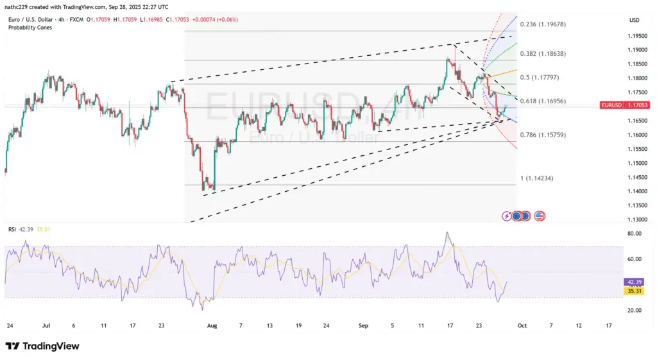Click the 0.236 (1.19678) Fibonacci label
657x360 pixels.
click(x=543, y=24)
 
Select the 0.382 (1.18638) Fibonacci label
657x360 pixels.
click(x=543, y=55)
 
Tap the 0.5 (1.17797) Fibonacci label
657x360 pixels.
click(x=540, y=78)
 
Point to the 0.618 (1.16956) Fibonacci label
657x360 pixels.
click(x=543, y=101)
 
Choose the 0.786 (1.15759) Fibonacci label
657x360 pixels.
click(x=543, y=135)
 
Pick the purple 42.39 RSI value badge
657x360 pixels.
click(x=632, y=282)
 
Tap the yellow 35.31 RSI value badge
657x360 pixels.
click(x=632, y=290)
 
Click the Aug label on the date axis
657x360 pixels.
click(x=212, y=325)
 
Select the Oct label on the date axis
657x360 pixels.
click(x=522, y=325)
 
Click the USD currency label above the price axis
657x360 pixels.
click(x=634, y=21)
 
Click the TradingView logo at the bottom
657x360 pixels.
click(x=43, y=347)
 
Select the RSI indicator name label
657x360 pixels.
click(x=12, y=229)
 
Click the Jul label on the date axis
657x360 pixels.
click(x=46, y=325)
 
